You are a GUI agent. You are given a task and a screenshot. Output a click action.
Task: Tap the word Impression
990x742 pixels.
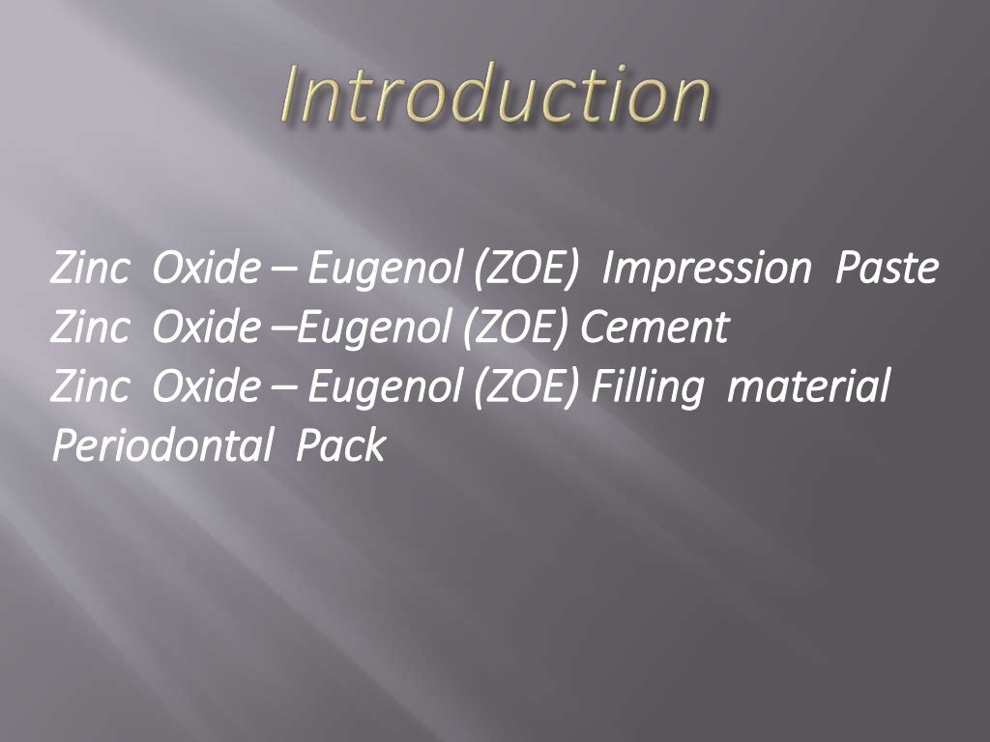click(705, 269)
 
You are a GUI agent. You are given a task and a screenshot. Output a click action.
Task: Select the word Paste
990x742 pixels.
click(887, 269)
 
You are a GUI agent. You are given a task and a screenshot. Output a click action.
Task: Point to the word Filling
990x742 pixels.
click(647, 387)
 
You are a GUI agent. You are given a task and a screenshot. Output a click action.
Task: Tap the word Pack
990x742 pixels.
click(340, 445)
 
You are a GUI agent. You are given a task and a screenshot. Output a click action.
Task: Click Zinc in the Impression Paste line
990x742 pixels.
click(89, 270)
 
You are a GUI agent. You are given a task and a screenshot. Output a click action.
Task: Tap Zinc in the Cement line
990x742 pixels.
click(89, 328)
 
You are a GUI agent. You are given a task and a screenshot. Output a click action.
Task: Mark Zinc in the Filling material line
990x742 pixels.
click(89, 387)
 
